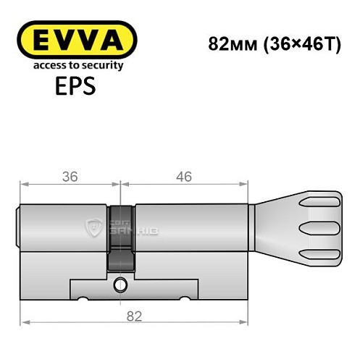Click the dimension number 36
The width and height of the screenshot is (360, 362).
pyautogui.click(x=70, y=176)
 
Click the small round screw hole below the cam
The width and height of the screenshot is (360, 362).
pyautogui.click(x=119, y=286)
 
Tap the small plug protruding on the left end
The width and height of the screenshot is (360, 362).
pyautogui.click(x=18, y=227)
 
